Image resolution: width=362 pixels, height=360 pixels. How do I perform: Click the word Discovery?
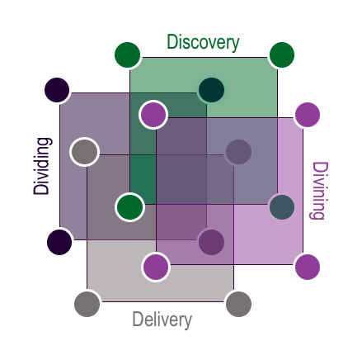[203, 43]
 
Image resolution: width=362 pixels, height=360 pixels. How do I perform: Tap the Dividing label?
[42, 166]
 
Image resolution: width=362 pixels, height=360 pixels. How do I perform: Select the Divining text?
[320, 191]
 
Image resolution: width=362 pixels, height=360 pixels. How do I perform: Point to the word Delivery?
[162, 320]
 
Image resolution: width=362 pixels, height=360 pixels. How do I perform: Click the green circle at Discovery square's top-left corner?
[127, 54]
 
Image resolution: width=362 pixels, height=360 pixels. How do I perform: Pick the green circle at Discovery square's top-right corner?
[282, 54]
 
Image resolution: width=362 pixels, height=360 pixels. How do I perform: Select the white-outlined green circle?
[129, 207]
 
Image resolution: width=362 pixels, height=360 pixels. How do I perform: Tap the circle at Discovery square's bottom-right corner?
[282, 207]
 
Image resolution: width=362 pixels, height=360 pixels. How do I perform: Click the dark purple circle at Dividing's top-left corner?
[57, 90]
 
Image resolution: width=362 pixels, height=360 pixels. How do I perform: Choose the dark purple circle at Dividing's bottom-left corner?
[59, 242]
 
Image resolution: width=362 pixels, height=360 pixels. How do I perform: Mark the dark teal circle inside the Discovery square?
[211, 90]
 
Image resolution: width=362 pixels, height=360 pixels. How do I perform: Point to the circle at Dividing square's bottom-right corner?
[211, 242]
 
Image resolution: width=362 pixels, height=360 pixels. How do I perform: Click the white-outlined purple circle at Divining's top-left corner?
[153, 114]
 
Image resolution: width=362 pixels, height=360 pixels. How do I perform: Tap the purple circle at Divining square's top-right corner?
[308, 115]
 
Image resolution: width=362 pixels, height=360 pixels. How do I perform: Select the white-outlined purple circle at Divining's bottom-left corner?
[156, 267]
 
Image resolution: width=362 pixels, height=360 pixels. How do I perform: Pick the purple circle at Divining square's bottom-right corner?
[308, 267]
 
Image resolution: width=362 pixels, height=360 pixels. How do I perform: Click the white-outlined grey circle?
[84, 152]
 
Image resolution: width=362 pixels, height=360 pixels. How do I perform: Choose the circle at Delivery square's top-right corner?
[238, 152]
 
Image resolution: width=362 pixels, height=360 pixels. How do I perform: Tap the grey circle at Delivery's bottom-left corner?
[87, 304]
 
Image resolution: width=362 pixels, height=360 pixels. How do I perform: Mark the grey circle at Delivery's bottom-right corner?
[238, 304]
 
